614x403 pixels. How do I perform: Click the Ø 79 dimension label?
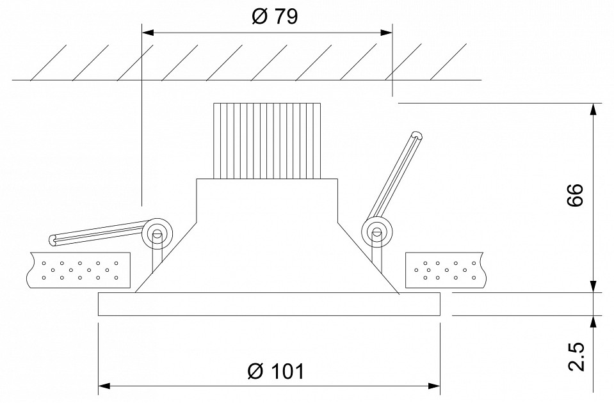[275, 17]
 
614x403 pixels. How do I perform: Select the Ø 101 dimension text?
[276, 371]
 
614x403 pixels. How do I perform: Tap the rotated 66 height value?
[575, 195]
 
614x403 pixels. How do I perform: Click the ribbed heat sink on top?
[267, 141]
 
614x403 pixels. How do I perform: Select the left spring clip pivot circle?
[158, 233]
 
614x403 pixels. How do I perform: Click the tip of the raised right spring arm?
[417, 136]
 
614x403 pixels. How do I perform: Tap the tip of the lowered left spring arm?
[53, 241]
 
